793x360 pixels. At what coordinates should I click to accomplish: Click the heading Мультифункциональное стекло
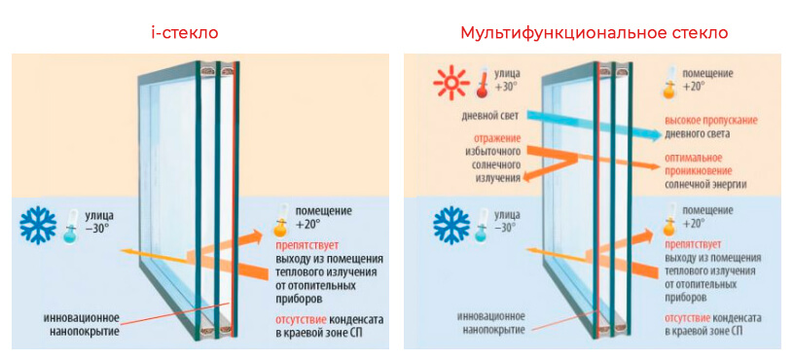594,33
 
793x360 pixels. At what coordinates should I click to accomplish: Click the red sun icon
450,86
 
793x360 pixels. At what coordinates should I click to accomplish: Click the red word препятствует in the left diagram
306,245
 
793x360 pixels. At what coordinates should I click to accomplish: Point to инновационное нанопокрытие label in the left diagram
82,325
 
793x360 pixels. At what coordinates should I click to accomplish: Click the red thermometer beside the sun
481,84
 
